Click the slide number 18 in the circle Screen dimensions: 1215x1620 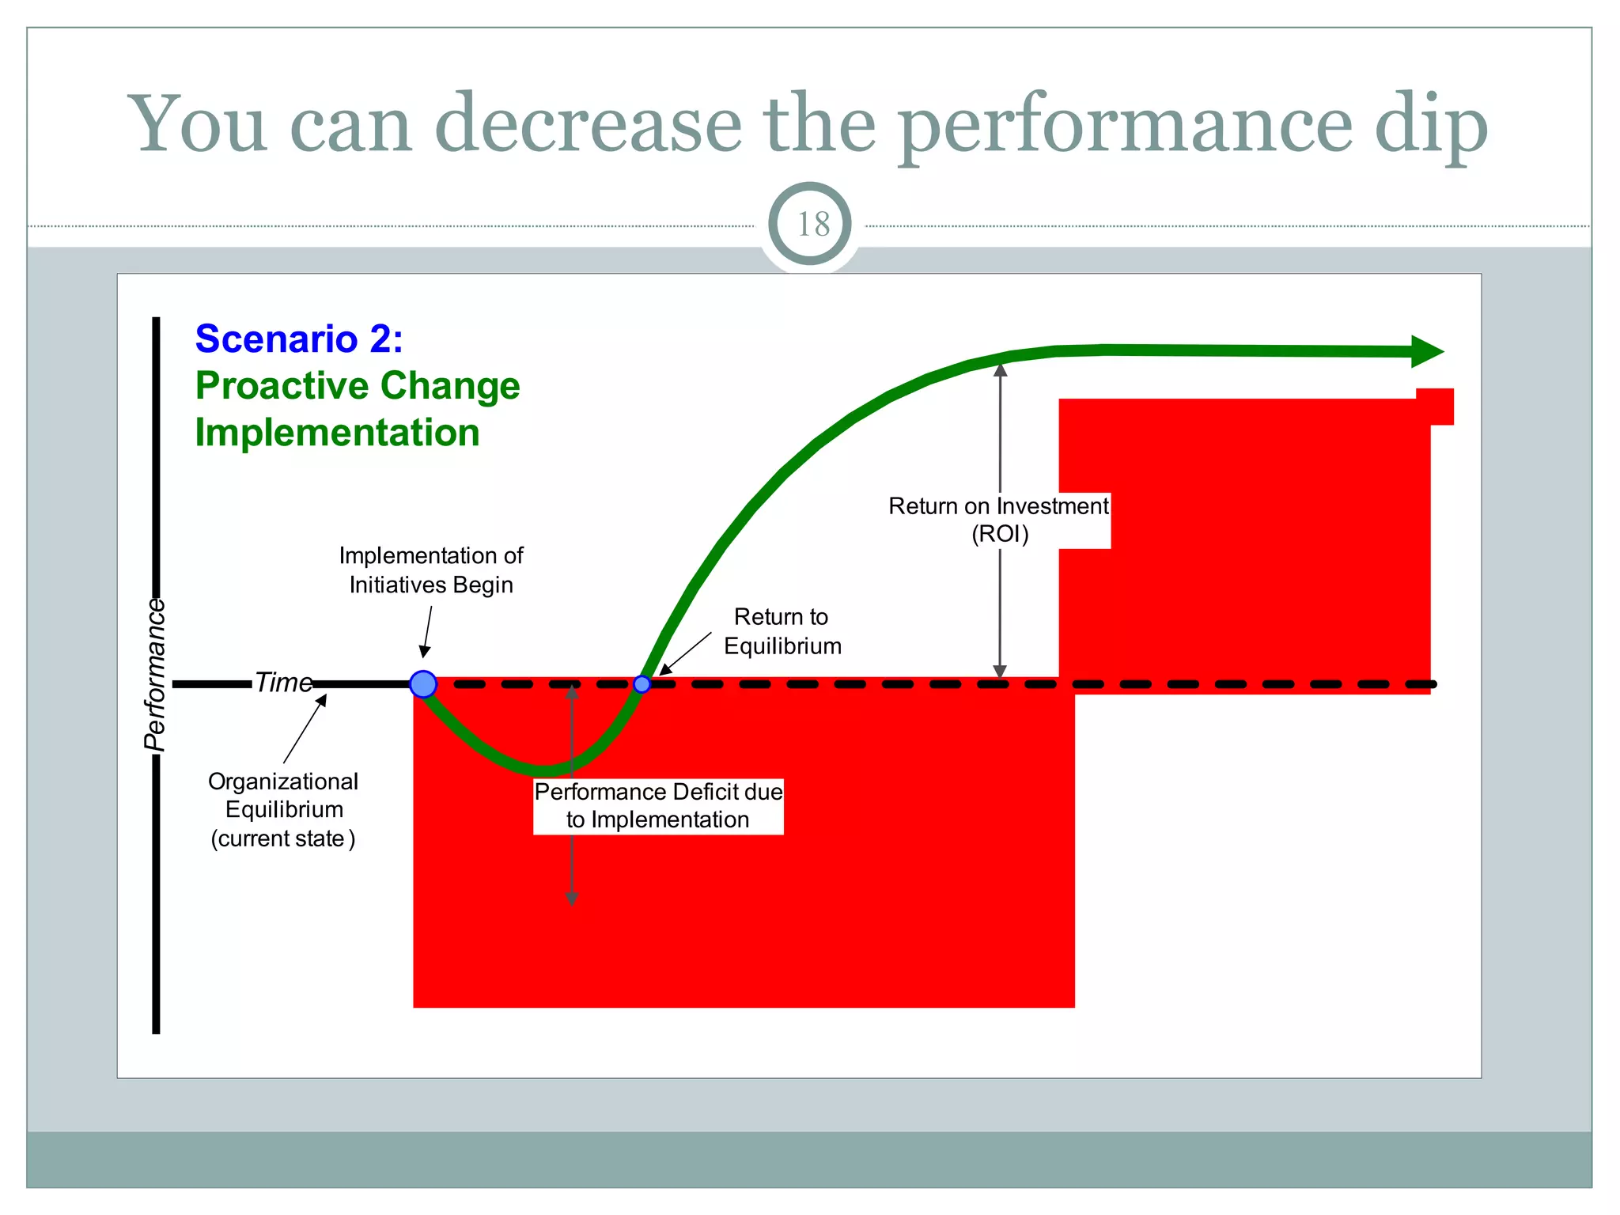[x=812, y=225]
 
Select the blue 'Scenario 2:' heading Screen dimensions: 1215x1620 [x=299, y=339]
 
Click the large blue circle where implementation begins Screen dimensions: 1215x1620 [x=423, y=684]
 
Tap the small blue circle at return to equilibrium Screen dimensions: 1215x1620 [x=642, y=684]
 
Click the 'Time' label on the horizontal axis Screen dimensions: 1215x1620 [x=283, y=682]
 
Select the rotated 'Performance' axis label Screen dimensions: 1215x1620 [x=156, y=674]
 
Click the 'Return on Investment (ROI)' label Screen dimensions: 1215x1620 [x=998, y=520]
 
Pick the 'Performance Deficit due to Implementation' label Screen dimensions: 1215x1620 [x=658, y=806]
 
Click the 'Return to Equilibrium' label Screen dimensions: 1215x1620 [x=782, y=631]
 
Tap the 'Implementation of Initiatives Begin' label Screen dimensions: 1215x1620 [x=431, y=570]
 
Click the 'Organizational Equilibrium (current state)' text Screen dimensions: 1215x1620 [x=283, y=810]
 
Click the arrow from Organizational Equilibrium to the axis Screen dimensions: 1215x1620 [x=305, y=729]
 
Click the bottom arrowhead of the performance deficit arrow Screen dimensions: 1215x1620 [x=571, y=899]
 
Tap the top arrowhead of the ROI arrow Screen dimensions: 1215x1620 [x=1001, y=370]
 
